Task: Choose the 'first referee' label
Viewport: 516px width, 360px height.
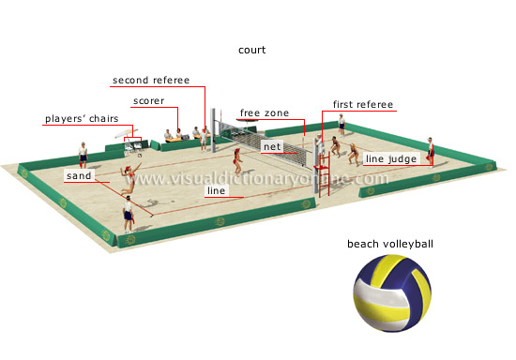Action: coord(363,104)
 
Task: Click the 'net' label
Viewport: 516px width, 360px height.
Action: coord(271,147)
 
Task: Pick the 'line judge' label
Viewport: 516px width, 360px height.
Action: coord(384,159)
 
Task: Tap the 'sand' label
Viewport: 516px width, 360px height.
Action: coord(77,175)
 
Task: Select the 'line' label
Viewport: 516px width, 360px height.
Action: coord(216,190)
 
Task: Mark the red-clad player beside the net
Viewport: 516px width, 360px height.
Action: coord(239,157)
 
